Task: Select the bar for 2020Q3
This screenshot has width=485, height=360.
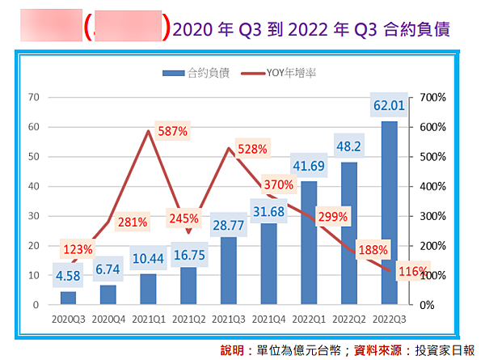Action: point(68,298)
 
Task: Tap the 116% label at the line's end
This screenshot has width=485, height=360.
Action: point(413,272)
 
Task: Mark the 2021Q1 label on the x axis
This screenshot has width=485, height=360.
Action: point(149,320)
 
